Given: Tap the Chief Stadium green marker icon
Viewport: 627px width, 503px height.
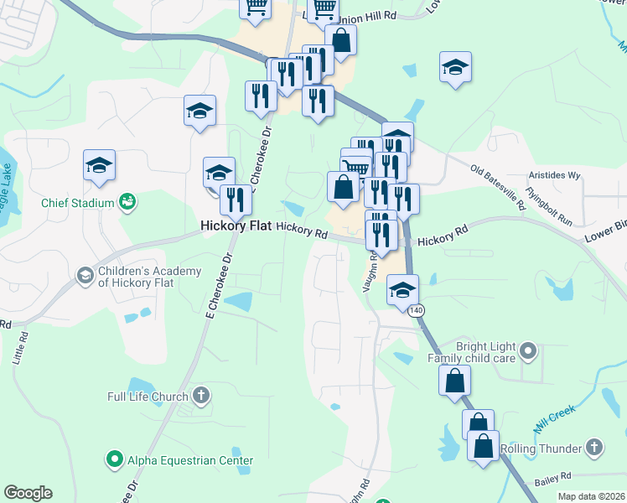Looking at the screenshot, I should coord(128,201).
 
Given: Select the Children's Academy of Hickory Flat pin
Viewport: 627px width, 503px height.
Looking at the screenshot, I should coord(85,275).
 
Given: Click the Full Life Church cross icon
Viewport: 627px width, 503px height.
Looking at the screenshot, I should coord(200,395).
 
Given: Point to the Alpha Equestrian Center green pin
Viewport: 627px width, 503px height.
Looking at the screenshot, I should coord(115,459).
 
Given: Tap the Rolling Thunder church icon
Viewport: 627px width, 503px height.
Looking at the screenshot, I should coord(594,448).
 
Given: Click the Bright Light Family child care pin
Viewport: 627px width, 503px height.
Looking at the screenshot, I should coord(527,349).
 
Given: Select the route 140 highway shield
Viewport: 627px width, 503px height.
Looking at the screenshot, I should coord(417,310).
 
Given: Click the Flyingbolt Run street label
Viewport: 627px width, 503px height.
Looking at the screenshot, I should coord(548,205).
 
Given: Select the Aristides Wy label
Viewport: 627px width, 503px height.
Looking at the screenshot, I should coord(555,175).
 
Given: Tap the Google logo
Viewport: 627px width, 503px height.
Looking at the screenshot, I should coord(28,493).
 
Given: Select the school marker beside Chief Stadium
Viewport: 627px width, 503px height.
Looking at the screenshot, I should coord(99,165).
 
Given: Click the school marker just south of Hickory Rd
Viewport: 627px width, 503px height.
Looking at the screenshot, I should coord(402,290).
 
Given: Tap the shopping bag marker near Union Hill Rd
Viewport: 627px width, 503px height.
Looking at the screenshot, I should coord(341,39).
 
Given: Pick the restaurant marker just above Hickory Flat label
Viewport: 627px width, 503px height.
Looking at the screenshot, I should coord(236,200).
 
